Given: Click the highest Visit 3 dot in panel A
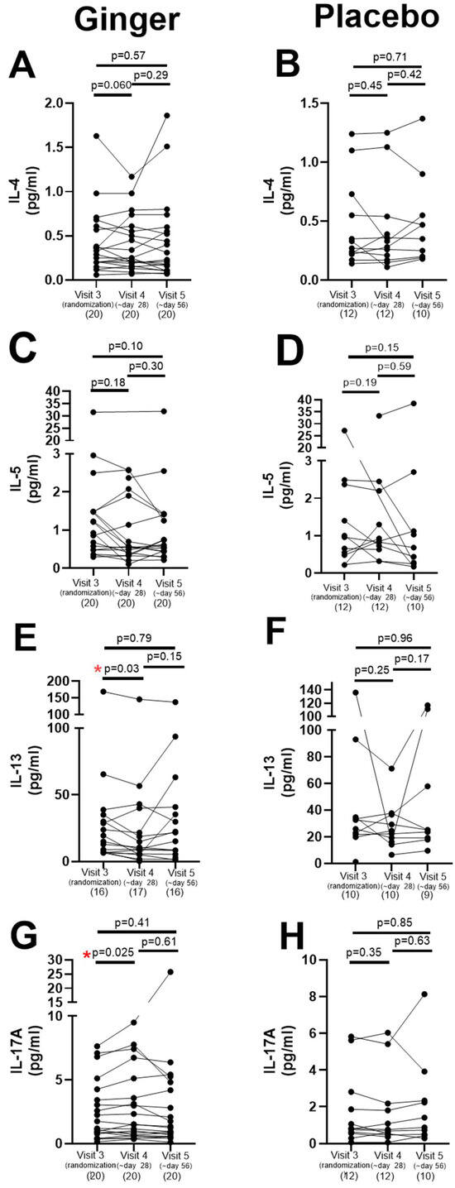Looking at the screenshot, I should pos(97,136).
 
